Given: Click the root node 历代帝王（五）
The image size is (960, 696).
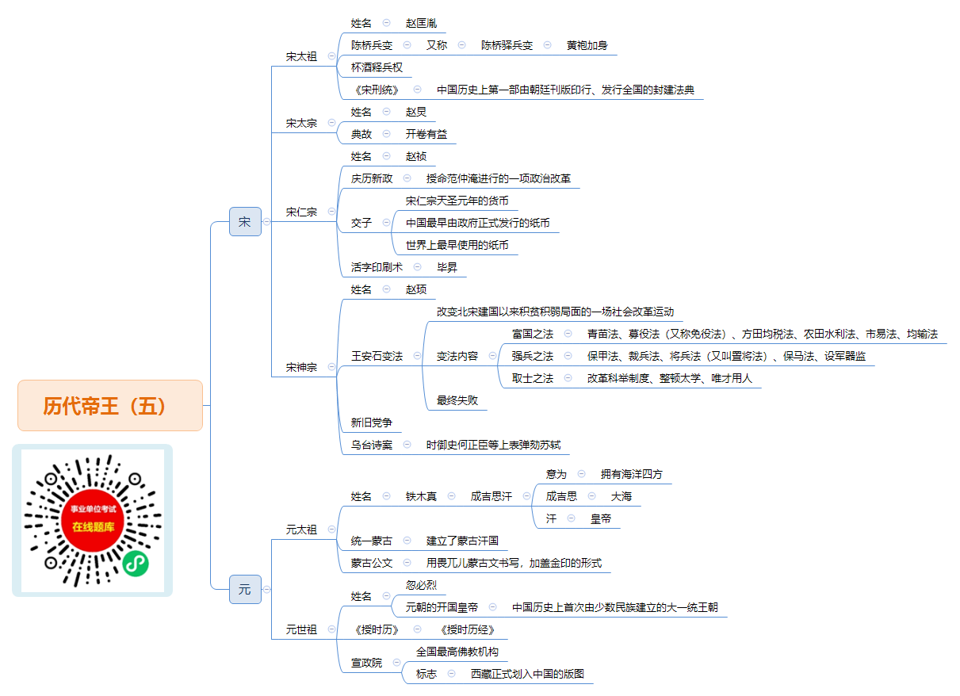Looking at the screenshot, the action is pos(110,405).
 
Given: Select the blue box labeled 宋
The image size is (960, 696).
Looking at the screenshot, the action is pos(245,222).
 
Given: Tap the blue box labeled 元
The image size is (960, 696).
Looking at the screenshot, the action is pos(245,589).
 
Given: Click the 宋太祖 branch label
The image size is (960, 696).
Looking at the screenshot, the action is pos(301,56).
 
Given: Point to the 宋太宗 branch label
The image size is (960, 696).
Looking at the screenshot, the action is pos(301,123).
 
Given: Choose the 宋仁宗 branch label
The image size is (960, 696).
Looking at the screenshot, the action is pos(301,212).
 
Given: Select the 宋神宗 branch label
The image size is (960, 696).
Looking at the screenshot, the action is pos(301,367).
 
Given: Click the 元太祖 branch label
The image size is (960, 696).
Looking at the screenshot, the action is pos(301,530).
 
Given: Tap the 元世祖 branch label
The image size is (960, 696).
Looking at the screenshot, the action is pos(301,629).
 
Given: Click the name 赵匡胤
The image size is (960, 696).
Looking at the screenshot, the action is pos(421,23).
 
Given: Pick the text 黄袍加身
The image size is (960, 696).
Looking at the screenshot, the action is pos(587,45).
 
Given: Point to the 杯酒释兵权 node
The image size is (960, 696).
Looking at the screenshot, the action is pos(377,67).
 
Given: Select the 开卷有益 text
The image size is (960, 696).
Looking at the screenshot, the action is pos(426,134).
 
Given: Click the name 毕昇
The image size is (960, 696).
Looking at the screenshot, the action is pos(447,267).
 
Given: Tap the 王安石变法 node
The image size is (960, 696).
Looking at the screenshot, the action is pos(377,356).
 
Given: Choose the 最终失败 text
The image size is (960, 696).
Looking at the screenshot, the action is pos(457,400).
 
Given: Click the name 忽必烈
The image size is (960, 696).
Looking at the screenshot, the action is pos(421,585).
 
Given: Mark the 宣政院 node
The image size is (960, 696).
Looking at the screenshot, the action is pos(366,663).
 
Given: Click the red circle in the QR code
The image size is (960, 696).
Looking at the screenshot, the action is pos(93,520).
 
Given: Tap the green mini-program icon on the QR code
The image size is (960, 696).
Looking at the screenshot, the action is pos(136,564).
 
